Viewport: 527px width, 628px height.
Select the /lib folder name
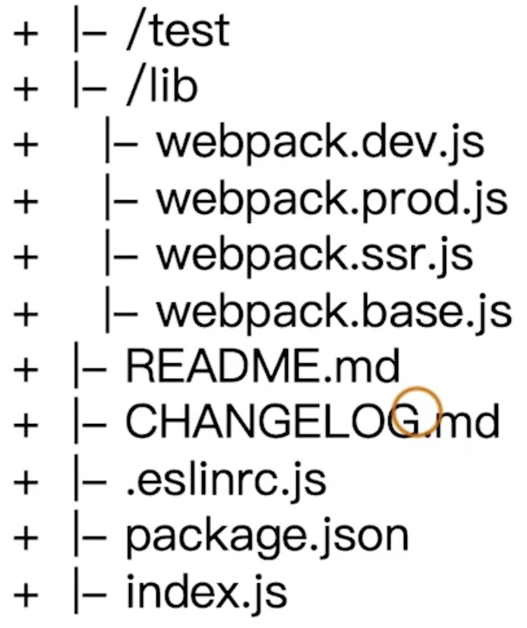(161, 87)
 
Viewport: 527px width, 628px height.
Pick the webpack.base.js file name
(333, 312)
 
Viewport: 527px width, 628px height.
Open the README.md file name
(262, 367)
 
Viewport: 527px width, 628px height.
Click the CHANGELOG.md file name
(312, 422)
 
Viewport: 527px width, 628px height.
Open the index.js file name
(206, 592)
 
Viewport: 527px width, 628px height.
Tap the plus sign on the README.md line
(24, 370)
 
